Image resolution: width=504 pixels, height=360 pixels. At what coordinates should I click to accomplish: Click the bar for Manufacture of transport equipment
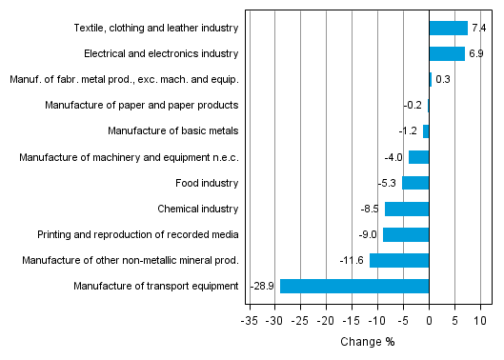(354, 286)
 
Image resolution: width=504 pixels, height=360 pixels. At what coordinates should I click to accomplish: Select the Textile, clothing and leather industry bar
(448, 29)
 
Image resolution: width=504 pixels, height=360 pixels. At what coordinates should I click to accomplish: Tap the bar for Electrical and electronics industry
(447, 54)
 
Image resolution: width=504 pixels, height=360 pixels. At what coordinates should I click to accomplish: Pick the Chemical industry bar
(407, 209)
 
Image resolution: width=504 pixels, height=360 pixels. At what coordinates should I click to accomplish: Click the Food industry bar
(415, 183)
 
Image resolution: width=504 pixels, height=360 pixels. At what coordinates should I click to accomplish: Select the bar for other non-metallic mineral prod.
(399, 260)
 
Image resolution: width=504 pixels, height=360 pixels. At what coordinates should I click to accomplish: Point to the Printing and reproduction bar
(406, 234)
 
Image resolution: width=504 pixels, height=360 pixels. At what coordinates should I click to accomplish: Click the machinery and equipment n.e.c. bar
(418, 157)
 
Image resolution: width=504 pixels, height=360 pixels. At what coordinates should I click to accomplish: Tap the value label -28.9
(263, 286)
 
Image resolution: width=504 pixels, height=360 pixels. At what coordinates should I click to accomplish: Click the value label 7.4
(478, 29)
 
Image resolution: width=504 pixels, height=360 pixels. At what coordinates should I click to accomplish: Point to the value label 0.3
(442, 80)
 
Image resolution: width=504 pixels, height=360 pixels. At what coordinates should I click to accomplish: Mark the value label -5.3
(386, 183)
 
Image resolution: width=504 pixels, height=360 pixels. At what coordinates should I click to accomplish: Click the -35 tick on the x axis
(250, 322)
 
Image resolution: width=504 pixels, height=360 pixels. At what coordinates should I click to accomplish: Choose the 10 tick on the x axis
(480, 322)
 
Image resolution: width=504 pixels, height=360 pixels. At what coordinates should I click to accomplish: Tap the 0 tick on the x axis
(429, 322)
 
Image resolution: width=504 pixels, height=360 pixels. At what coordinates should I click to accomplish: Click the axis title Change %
(367, 342)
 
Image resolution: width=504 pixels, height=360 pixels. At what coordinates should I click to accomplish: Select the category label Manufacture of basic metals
(172, 131)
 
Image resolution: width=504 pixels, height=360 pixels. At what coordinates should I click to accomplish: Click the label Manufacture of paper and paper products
(141, 106)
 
